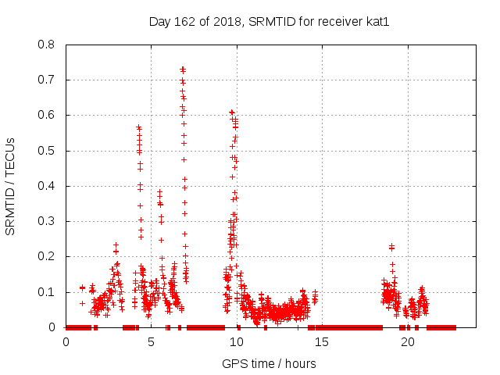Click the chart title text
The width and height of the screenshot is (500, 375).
pyautogui.click(x=269, y=21)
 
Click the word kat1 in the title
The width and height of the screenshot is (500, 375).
pyautogui.click(x=377, y=21)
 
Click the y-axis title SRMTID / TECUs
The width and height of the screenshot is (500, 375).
pyautogui.click(x=11, y=186)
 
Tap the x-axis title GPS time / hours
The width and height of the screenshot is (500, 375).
pyautogui.click(x=269, y=363)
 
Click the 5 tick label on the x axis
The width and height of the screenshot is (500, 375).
pyautogui.click(x=152, y=342)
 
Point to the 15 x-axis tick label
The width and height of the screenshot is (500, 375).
pyautogui.click(x=322, y=342)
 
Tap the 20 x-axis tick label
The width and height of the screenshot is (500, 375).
pyautogui.click(x=407, y=342)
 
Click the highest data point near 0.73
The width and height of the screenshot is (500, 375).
pyautogui.click(x=183, y=69)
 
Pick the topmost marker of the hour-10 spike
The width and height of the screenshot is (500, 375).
pyautogui.click(x=231, y=112)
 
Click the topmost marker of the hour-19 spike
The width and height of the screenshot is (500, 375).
pyautogui.click(x=391, y=247)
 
